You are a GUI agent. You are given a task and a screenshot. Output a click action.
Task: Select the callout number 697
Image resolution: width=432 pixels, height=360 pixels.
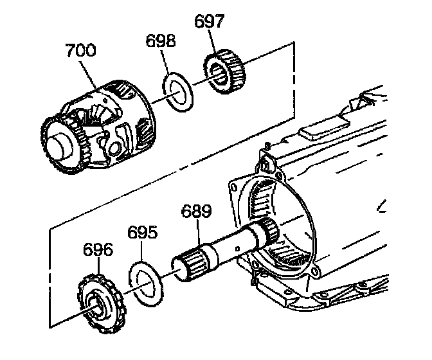coord(209,21)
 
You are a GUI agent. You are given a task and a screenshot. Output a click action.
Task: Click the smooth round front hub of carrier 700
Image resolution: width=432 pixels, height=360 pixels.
coord(59,142)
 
